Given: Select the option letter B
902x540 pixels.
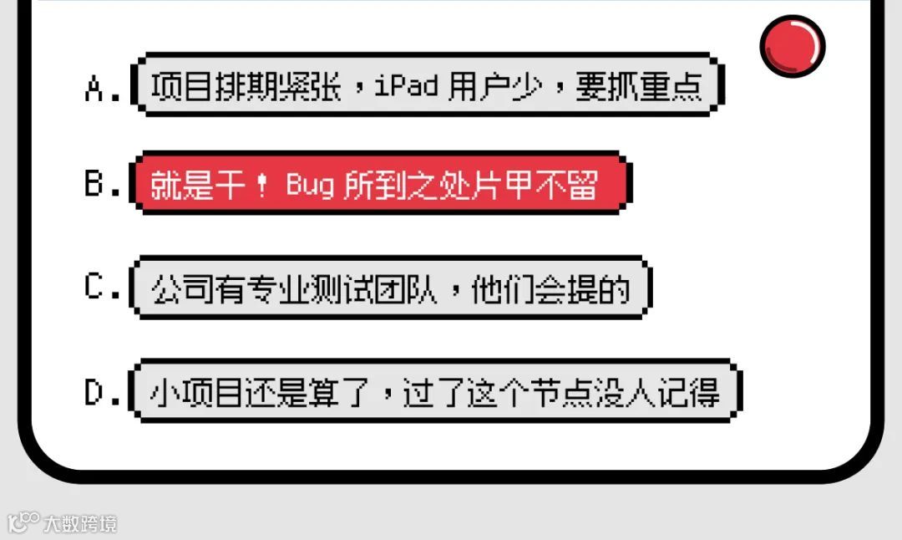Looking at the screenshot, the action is point(94,184).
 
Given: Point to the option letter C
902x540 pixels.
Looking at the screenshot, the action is point(94,288).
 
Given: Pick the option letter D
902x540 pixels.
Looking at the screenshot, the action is point(94,393).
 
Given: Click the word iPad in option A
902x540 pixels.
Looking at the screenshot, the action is point(407,85).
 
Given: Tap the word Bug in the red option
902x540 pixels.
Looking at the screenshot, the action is point(310,185).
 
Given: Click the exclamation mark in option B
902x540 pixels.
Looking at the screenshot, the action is point(262,185).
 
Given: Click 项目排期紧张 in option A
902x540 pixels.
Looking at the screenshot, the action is point(246,85).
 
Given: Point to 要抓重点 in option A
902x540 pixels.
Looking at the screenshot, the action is point(638,85).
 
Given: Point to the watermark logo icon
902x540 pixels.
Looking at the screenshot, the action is point(23,522).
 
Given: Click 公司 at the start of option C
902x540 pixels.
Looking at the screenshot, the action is point(175,289).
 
